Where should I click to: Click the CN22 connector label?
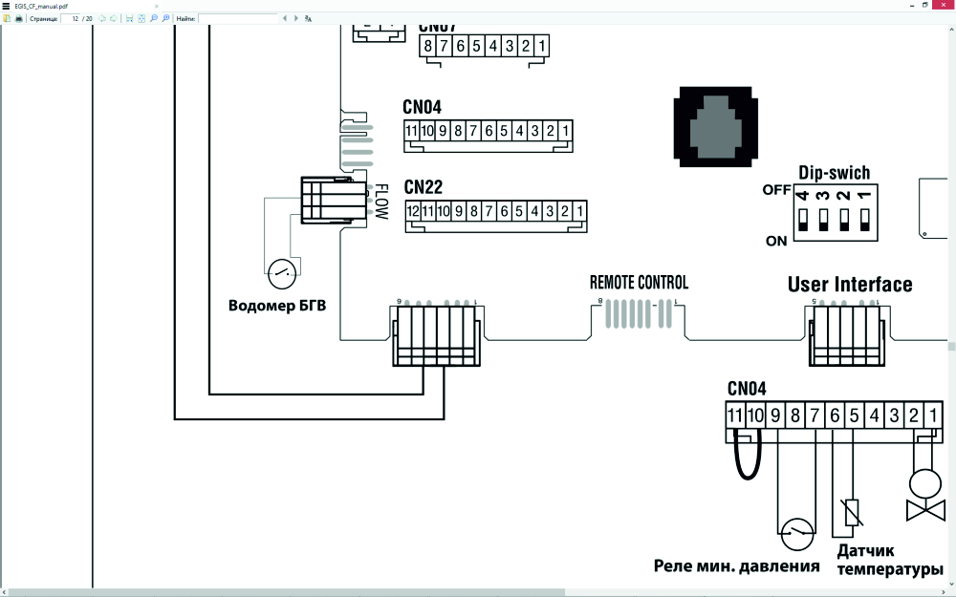(424, 187)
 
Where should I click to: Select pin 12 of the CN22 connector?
(413, 211)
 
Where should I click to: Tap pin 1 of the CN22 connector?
(579, 211)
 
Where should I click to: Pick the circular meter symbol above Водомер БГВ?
(281, 274)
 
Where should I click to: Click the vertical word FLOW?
(380, 202)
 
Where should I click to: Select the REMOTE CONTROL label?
(639, 283)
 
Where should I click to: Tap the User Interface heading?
(850, 285)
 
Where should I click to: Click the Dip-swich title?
(834, 173)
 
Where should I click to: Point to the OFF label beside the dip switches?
(776, 190)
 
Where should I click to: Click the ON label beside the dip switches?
(776, 241)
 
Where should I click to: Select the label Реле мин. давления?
(736, 565)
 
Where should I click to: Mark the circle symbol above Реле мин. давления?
(797, 534)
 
